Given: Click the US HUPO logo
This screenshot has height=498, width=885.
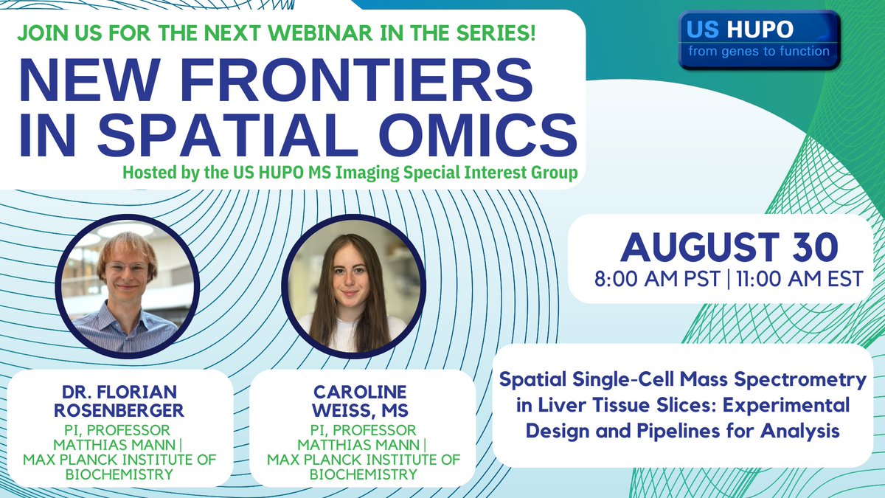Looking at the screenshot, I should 759,40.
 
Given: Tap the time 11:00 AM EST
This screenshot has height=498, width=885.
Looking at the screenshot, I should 789,282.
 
